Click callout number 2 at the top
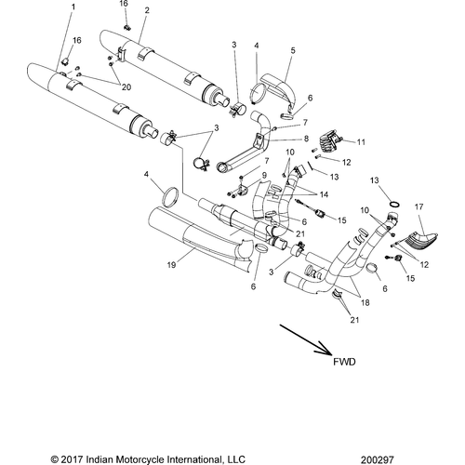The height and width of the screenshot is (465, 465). coord(147,10)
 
